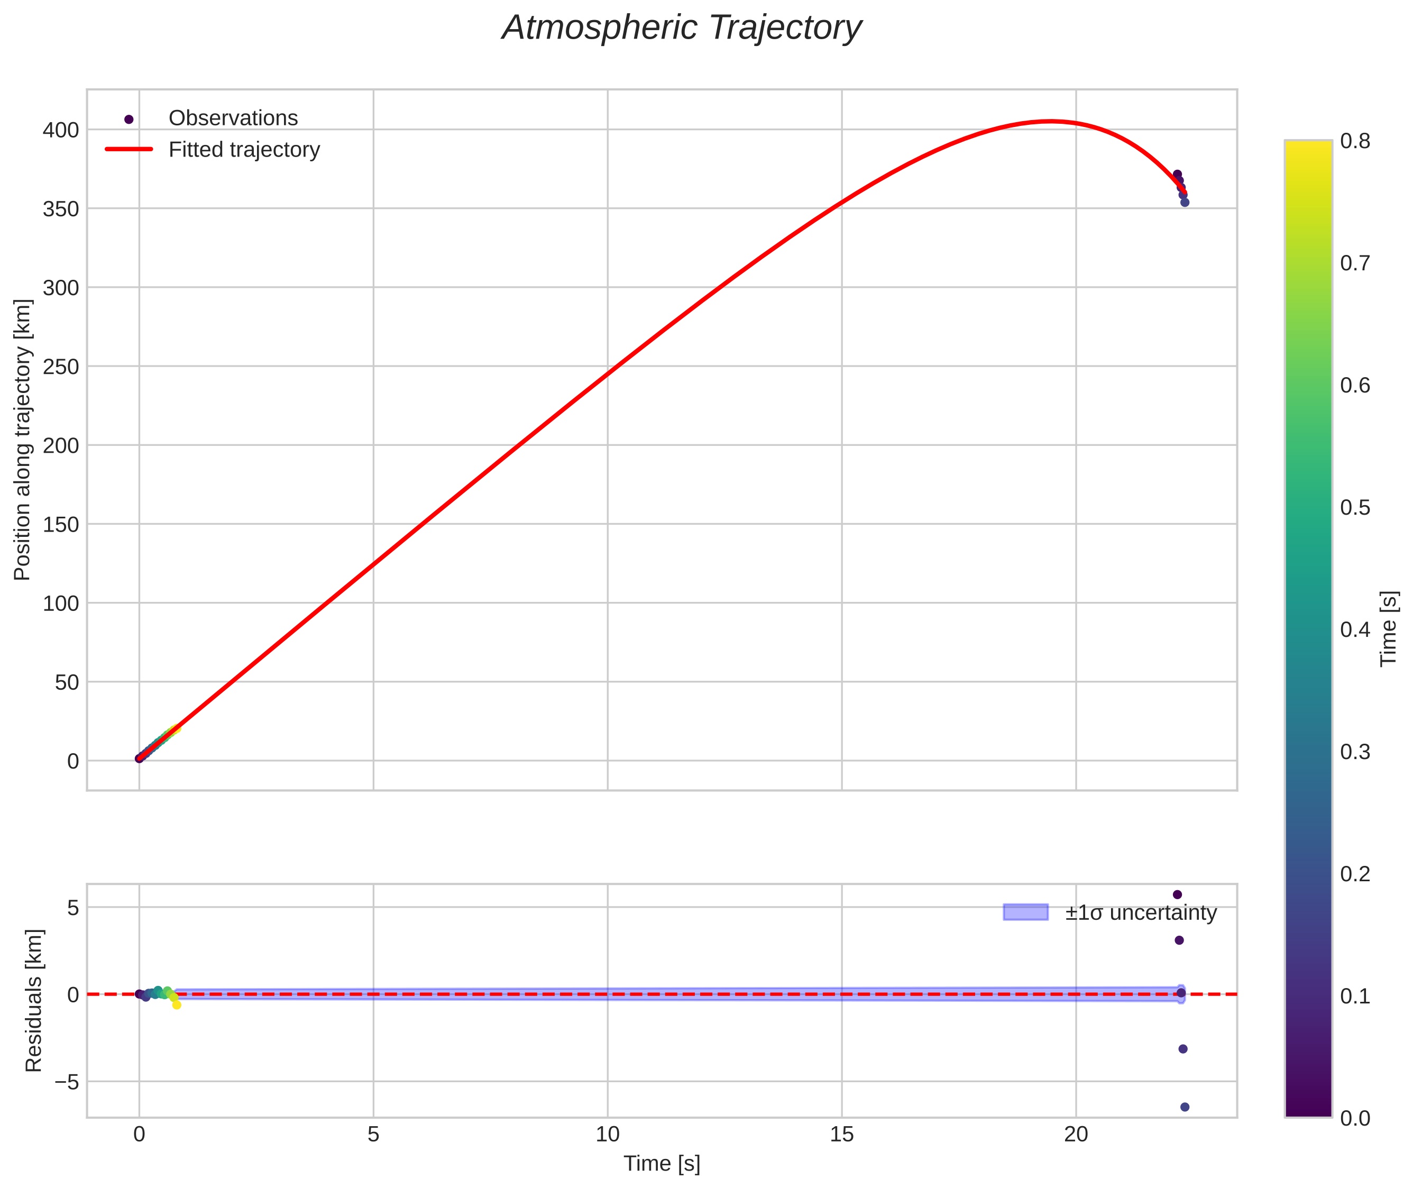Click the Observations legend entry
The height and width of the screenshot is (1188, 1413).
point(233,118)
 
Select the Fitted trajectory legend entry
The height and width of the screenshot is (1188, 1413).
point(244,150)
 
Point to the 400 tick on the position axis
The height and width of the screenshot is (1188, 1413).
point(61,130)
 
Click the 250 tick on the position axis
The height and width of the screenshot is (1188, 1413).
point(61,367)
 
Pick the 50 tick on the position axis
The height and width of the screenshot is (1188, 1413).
point(66,682)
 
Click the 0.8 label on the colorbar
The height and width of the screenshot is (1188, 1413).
point(1354,141)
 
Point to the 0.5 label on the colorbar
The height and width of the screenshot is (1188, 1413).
point(1354,507)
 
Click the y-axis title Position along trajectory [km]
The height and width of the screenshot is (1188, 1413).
point(22,439)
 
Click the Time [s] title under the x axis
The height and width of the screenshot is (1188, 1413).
point(661,1164)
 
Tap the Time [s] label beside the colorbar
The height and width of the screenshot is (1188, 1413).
point(1388,628)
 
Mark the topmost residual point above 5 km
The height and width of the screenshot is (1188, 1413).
point(1177,894)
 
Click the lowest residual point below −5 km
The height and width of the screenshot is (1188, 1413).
point(1185,1107)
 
